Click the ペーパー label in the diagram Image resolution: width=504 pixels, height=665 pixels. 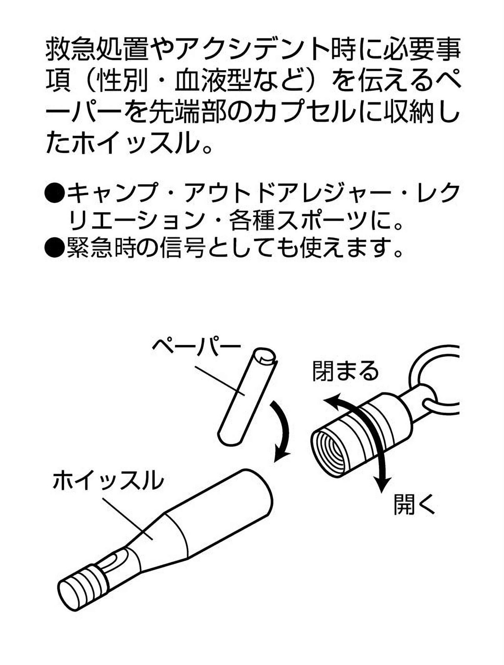pyautogui.click(x=196, y=347)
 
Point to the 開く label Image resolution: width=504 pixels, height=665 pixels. pyautogui.click(x=414, y=504)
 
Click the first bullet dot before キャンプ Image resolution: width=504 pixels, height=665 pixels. pyautogui.click(x=55, y=193)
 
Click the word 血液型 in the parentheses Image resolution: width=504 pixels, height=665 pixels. pyautogui.click(x=215, y=81)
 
